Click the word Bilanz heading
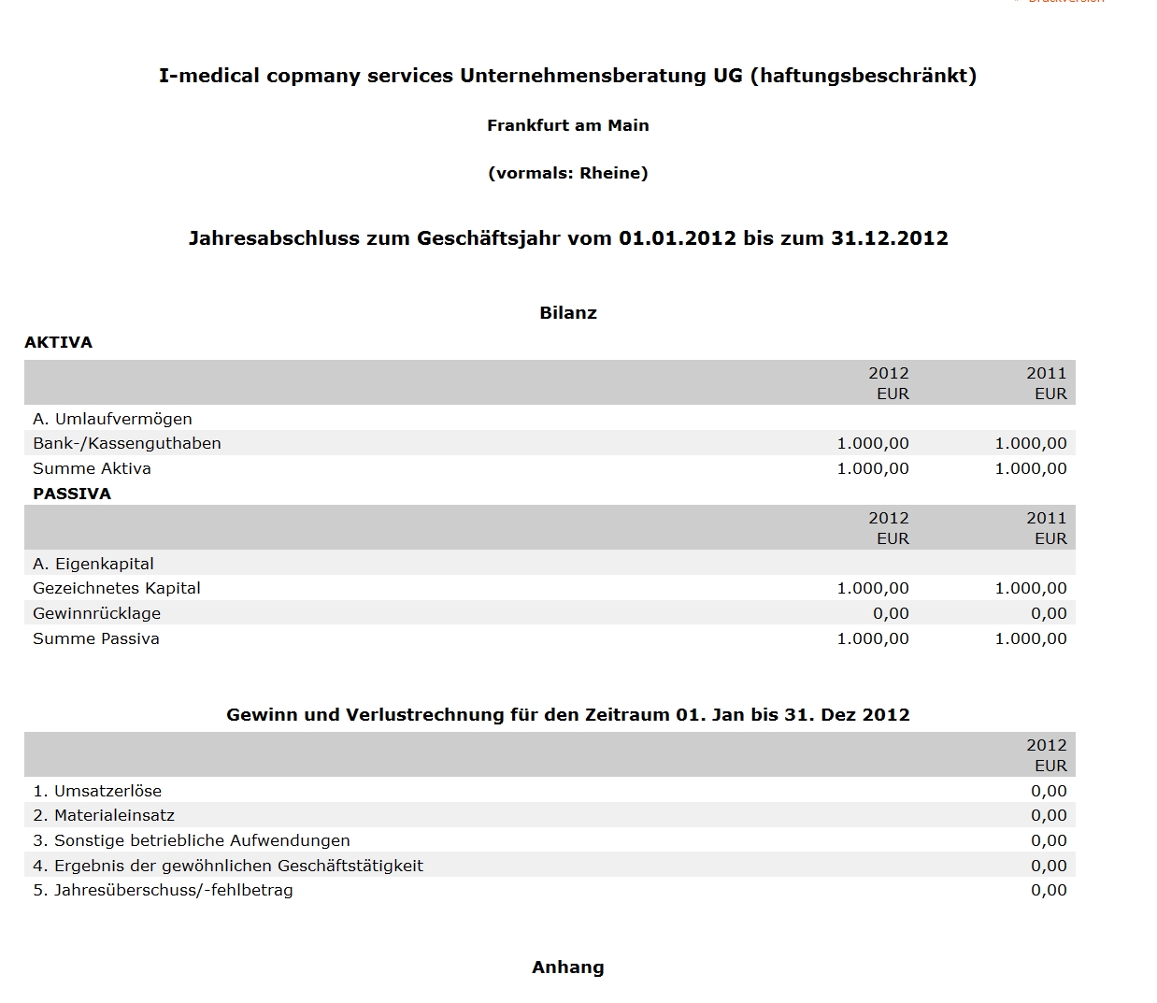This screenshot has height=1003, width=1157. click(x=567, y=313)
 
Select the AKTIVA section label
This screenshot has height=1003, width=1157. click(x=58, y=342)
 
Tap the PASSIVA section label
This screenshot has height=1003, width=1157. click(x=71, y=494)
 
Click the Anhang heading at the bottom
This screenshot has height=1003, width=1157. click(x=567, y=967)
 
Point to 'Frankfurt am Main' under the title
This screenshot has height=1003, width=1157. click(x=567, y=125)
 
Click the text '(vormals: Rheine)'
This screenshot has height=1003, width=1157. click(x=567, y=173)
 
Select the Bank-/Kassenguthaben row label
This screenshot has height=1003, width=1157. click(x=126, y=443)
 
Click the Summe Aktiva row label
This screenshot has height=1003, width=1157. click(x=92, y=468)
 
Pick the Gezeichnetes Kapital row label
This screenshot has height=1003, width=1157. click(x=116, y=588)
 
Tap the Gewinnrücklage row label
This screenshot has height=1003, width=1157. click(x=96, y=613)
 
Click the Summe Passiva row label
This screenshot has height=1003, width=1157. click(x=95, y=638)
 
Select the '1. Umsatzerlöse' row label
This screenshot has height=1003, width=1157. click(x=97, y=791)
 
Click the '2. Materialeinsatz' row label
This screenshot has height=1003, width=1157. click(x=104, y=815)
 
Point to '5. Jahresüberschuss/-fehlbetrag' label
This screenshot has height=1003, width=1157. click(x=163, y=890)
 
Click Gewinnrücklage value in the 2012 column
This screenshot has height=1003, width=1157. click(x=890, y=613)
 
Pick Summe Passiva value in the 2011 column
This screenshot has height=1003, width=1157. click(x=1030, y=638)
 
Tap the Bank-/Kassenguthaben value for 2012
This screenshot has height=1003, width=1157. click(x=872, y=443)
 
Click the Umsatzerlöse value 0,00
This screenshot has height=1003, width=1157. click(x=1048, y=791)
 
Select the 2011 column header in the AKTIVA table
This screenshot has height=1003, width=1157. click(x=1046, y=373)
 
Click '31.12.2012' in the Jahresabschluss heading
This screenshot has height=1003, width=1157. click(x=889, y=238)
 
